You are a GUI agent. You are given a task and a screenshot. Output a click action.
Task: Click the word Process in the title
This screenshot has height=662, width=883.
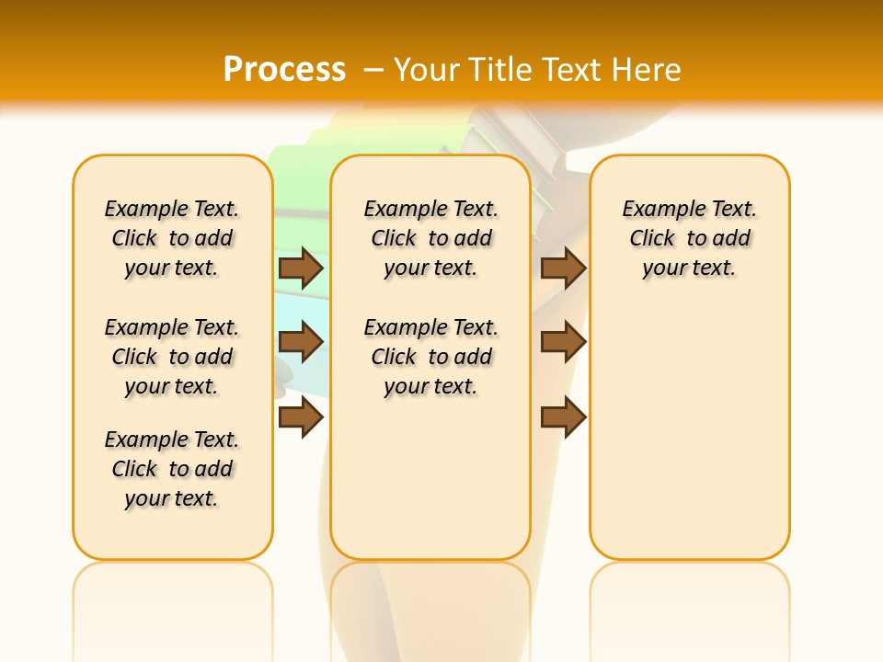[x=284, y=69]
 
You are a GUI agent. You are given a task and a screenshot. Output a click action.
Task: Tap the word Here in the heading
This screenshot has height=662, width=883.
[x=646, y=69]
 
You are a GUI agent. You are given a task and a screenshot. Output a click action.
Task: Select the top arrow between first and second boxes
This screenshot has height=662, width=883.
[x=301, y=268]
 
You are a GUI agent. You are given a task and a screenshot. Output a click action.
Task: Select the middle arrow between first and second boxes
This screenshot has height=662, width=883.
[x=301, y=342]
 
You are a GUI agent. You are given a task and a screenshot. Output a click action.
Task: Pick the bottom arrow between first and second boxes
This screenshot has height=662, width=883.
[x=301, y=417]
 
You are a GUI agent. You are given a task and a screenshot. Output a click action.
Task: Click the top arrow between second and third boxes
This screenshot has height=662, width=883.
[x=563, y=268]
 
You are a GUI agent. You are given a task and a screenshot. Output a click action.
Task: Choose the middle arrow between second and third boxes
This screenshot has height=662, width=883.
[x=563, y=342]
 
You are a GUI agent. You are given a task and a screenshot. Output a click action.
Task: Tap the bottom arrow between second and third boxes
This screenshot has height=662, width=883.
[x=563, y=417]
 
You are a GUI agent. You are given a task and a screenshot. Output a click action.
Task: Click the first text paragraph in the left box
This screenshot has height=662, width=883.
[x=172, y=238]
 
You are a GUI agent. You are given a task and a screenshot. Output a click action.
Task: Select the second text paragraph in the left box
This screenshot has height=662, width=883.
[x=172, y=357]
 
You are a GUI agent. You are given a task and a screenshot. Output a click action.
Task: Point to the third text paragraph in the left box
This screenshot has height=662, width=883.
[x=172, y=469]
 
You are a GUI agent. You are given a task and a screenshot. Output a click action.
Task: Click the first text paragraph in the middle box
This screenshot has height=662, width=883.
[x=431, y=238]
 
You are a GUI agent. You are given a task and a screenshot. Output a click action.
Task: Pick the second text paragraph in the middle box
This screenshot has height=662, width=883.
[x=431, y=357]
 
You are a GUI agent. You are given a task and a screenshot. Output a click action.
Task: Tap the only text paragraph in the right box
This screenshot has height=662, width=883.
[x=690, y=238]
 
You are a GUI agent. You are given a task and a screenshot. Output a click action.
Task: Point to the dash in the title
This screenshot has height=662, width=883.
[x=373, y=69]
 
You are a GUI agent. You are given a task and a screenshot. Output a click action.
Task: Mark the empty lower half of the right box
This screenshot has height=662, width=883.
[x=690, y=441]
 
